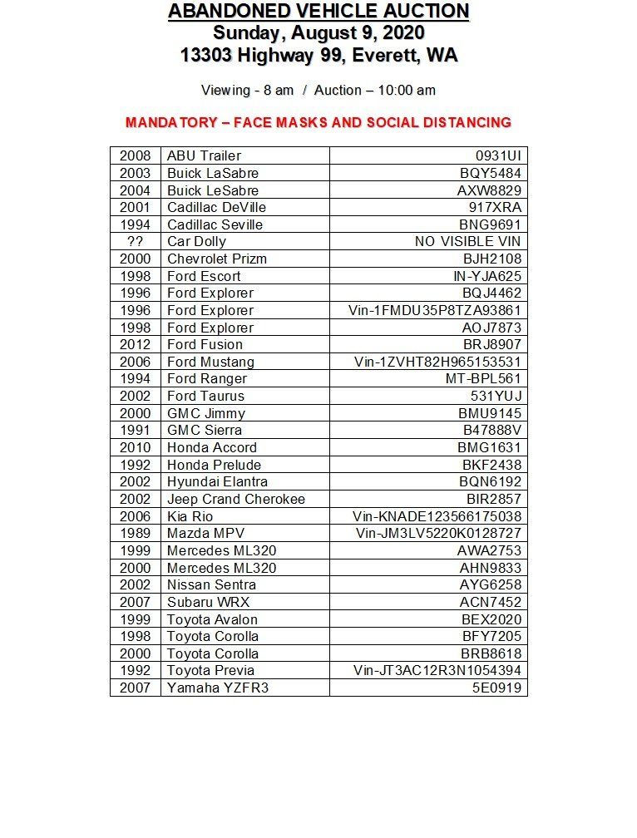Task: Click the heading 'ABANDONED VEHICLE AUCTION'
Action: [x=318, y=12]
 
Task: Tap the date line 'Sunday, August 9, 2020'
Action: [x=318, y=33]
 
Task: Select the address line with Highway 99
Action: [x=318, y=56]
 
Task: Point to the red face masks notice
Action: [x=318, y=122]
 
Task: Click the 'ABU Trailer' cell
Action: [x=204, y=155]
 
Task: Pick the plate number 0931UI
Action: [x=498, y=155]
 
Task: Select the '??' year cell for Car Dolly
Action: [x=135, y=241]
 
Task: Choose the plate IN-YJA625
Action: [x=486, y=276]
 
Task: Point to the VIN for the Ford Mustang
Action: [x=437, y=362]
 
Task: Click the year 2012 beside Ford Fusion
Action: [x=135, y=344]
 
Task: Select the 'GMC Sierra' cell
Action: [x=205, y=430]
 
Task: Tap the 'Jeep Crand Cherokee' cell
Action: [x=236, y=499]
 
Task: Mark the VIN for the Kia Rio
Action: [x=437, y=516]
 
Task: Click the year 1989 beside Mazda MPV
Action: [x=135, y=533]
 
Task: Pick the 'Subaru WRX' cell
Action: [x=208, y=602]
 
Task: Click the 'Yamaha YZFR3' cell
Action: [x=218, y=688]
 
